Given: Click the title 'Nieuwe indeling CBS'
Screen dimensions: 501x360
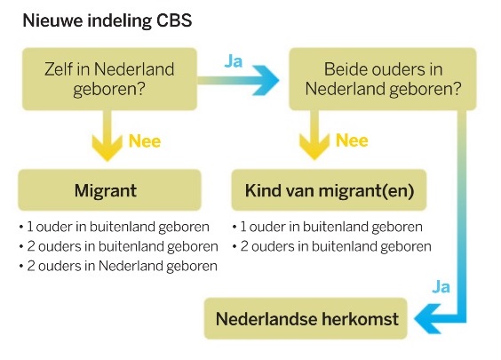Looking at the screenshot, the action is click(x=107, y=20).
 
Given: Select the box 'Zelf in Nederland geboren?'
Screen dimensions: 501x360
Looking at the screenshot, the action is click(x=109, y=79).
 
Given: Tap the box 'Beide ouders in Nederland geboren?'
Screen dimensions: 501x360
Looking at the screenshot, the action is click(x=383, y=79).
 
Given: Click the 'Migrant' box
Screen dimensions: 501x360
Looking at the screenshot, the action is click(x=109, y=190).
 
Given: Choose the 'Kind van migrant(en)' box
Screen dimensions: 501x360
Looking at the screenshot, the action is click(x=329, y=190).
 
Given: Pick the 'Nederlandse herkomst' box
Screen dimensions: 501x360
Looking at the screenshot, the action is click(x=306, y=318).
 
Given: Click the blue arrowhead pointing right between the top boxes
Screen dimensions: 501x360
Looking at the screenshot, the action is click(x=266, y=80).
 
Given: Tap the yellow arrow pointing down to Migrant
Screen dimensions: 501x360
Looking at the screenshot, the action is click(x=107, y=136).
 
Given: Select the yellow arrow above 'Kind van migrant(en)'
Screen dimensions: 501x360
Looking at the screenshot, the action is click(x=314, y=135).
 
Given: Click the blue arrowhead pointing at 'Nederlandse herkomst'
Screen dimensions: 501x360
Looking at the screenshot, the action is click(x=428, y=318).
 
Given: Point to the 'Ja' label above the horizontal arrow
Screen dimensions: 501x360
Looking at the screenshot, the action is click(x=234, y=61).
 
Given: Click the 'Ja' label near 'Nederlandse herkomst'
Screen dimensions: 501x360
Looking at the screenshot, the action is click(x=441, y=287).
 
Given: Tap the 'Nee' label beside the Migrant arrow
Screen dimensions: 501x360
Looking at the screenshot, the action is click(x=145, y=141).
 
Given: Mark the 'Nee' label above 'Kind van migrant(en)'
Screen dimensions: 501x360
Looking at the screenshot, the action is click(x=352, y=140).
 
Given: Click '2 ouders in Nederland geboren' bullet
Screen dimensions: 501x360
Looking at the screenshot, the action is click(x=118, y=266).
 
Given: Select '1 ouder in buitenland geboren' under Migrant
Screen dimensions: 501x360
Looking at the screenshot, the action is click(x=114, y=227).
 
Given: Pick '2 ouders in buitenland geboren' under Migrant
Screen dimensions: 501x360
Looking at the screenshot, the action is click(x=118, y=246).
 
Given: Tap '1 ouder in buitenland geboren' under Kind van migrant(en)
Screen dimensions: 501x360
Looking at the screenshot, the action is click(x=328, y=227).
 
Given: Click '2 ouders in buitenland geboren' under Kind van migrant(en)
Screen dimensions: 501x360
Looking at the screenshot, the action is click(x=332, y=246).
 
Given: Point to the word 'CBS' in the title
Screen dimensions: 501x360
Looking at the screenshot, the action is click(x=174, y=20).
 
